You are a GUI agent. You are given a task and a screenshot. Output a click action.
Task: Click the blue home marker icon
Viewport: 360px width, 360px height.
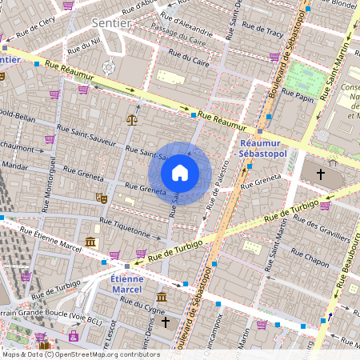click(180, 172)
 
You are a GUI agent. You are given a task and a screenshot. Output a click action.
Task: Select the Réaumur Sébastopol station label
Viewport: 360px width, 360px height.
click(262, 149)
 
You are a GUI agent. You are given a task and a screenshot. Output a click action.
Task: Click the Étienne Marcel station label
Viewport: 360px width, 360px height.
click(126, 285)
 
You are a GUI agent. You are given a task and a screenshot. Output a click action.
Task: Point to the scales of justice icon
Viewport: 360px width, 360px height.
click(131, 120)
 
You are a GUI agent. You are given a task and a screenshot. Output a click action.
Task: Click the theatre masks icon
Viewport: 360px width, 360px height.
click(101, 197)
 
